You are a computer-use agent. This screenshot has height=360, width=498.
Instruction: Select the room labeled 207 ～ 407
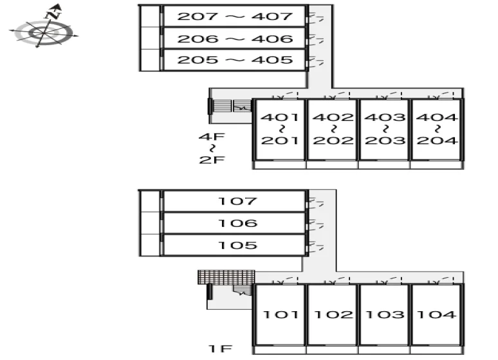pos(234,15)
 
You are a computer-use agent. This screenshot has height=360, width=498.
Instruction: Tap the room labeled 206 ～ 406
pos(234,38)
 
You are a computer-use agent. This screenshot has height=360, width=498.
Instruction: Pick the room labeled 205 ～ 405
pos(234,60)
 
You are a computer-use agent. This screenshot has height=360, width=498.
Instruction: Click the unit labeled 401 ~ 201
pos(280,129)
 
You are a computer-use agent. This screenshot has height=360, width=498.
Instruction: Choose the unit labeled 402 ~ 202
pos(332,129)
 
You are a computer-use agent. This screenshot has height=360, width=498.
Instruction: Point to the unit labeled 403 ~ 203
pos(384,129)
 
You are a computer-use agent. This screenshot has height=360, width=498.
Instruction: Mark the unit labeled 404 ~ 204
pos(436,129)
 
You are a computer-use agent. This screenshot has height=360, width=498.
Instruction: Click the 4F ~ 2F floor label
pos(212,148)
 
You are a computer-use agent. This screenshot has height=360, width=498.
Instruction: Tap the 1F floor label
pos(221,348)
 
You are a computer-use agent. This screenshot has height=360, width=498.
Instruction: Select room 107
pos(234,201)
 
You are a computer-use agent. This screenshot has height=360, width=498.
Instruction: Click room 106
pos(234,223)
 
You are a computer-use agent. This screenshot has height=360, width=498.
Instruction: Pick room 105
pos(234,245)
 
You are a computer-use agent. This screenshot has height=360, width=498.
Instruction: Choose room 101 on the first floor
pos(280,314)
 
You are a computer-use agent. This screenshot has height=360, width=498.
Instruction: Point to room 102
pos(332,314)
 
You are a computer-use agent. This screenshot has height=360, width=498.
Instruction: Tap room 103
pos(384,314)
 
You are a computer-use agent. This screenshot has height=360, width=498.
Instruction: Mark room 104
pos(436,314)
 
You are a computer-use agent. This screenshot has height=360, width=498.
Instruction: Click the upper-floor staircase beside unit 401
pos(232,106)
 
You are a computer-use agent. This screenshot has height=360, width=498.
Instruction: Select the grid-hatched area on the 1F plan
pos(226,277)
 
